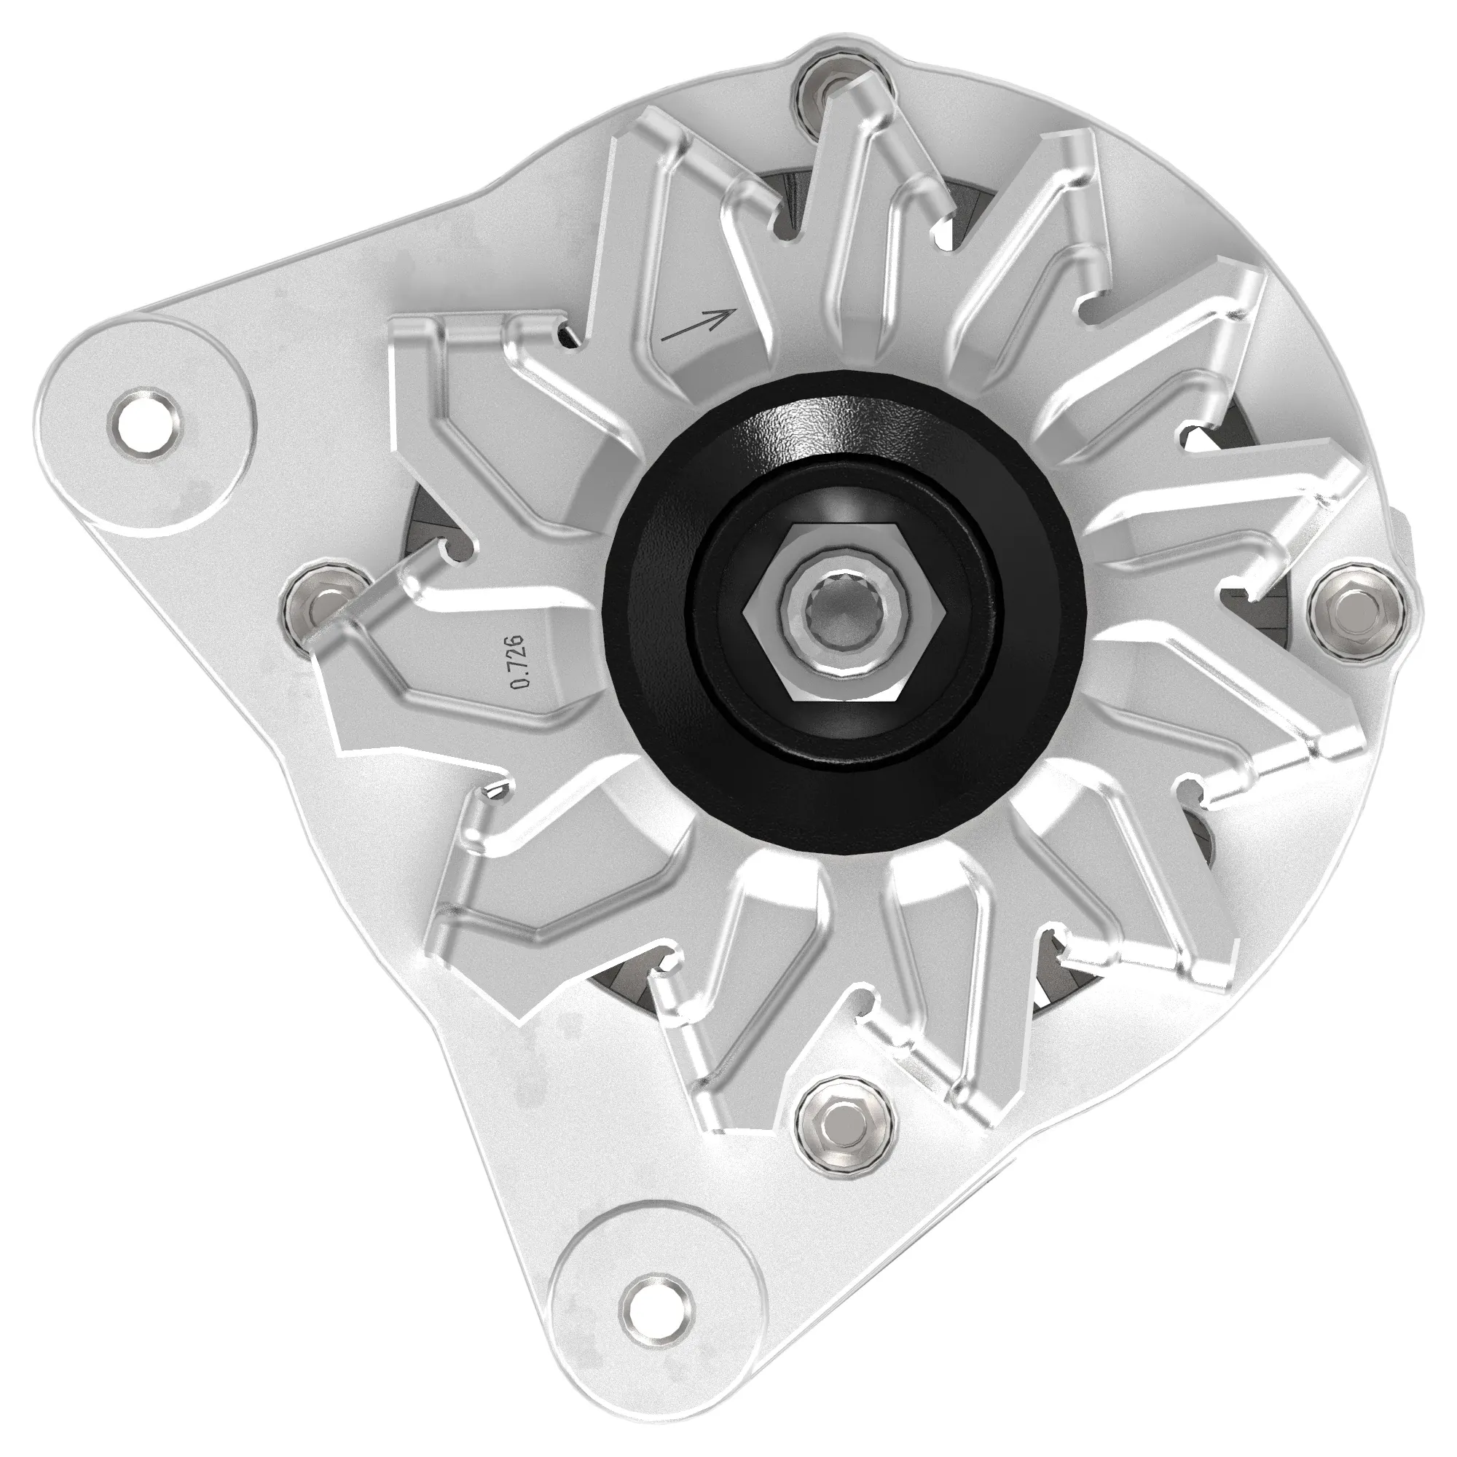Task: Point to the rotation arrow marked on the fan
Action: click(x=698, y=324)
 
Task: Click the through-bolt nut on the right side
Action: click(x=1357, y=607)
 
